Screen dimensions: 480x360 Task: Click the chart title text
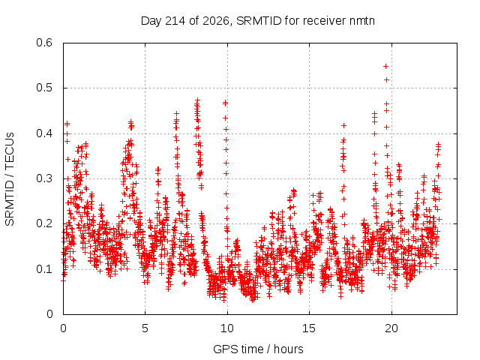coord(258,21)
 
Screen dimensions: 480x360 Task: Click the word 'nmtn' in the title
coord(361,21)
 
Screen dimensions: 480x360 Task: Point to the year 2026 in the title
coord(216,21)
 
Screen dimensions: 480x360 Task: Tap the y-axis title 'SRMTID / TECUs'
coord(10,179)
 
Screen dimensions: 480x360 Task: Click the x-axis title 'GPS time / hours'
coord(258,349)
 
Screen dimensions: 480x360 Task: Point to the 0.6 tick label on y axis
coord(44,43)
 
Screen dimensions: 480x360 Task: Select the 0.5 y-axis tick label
coord(44,88)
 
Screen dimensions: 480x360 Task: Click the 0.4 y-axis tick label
coord(44,133)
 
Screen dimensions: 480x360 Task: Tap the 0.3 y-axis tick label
coord(44,178)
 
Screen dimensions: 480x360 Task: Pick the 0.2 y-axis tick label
coord(44,223)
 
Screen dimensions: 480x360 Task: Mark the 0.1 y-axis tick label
coord(44,269)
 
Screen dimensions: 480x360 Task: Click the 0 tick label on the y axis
coord(49,314)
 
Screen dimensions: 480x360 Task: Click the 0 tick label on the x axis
coord(63,328)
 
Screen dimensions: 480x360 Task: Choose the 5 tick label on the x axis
coord(145,328)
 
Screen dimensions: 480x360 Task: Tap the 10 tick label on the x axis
coord(227,328)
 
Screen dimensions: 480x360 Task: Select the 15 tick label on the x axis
coord(309,328)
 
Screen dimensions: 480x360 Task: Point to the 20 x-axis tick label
coord(391,328)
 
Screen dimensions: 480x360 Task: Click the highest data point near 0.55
coord(386,67)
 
